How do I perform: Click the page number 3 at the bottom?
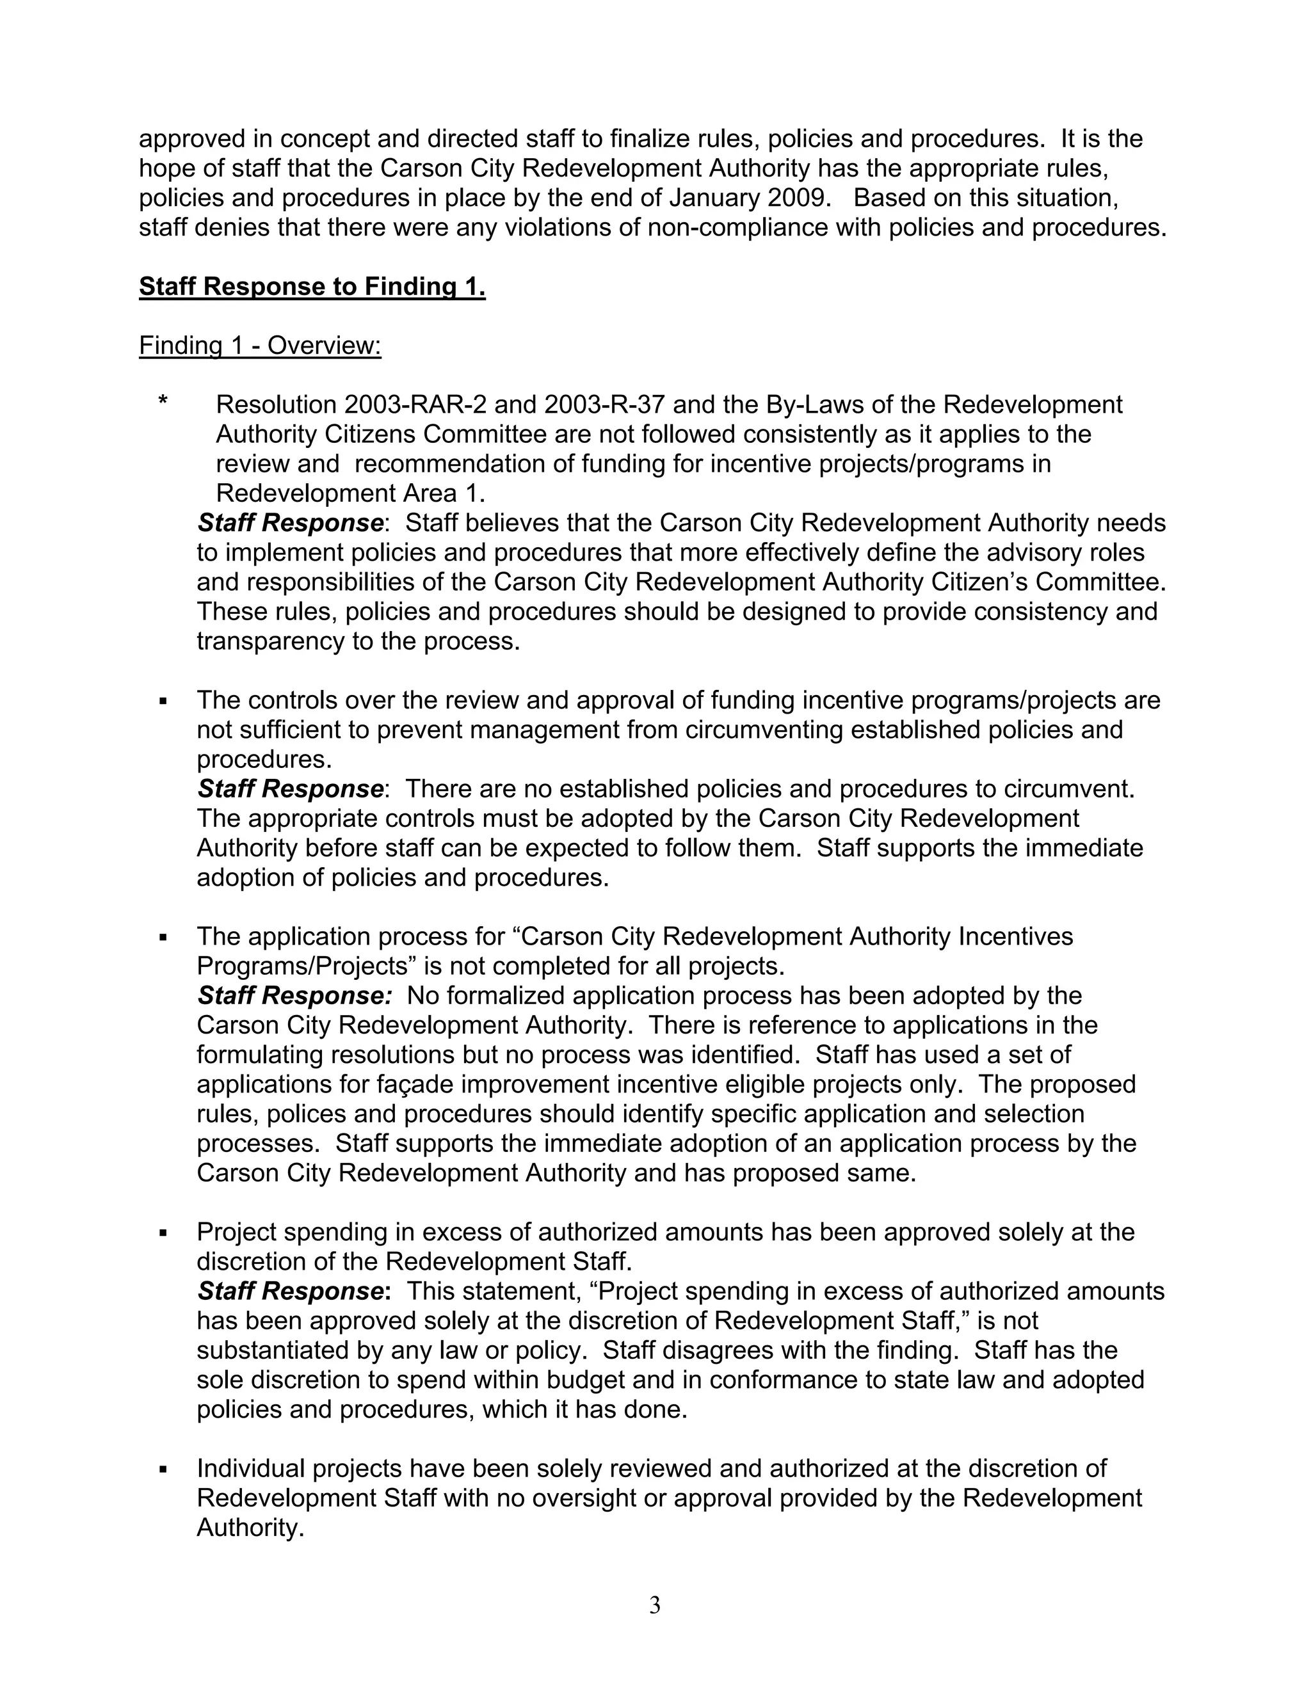655,1605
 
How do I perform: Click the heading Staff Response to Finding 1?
312,287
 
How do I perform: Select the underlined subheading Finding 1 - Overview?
260,346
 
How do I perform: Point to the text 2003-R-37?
602,404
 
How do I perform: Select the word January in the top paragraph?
713,198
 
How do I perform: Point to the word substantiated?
273,1350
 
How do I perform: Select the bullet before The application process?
163,938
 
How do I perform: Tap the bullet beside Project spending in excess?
163,1233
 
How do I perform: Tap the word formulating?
260,1055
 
